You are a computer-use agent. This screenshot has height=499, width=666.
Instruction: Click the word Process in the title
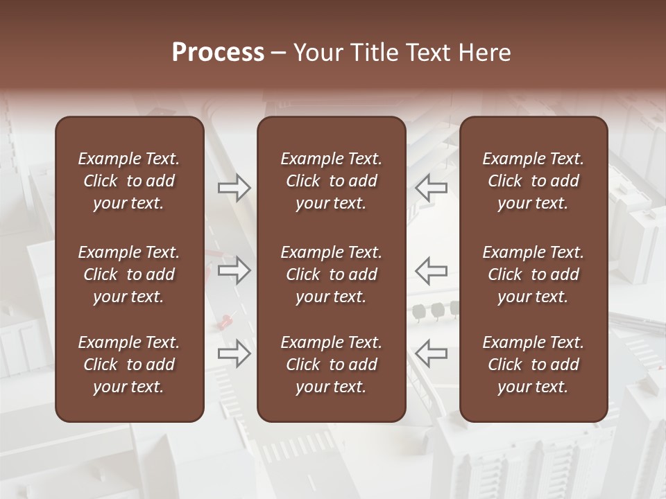[x=218, y=53]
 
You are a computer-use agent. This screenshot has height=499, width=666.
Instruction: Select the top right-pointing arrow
[x=234, y=187]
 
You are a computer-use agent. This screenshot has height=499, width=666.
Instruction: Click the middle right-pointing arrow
[x=234, y=270]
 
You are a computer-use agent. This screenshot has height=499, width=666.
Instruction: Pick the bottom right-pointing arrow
[x=234, y=353]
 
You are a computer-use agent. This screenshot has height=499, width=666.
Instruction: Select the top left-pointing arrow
[x=431, y=187]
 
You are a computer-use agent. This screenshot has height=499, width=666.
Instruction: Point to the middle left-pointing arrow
[x=431, y=270]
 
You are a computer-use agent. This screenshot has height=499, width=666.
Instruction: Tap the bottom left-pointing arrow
[x=431, y=353]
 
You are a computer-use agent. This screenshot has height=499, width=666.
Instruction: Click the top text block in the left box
[x=129, y=181]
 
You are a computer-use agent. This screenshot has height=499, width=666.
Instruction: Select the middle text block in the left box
[x=129, y=274]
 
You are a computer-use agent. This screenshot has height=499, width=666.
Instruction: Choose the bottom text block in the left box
[x=129, y=365]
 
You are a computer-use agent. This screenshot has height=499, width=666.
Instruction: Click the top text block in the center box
[x=331, y=181]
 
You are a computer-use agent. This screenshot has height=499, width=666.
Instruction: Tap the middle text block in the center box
[x=331, y=274]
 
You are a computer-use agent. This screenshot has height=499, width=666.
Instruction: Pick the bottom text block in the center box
[x=331, y=365]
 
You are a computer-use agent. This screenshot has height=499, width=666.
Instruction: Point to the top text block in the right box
[x=533, y=181]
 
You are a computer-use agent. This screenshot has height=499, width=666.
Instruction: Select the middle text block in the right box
[x=533, y=274]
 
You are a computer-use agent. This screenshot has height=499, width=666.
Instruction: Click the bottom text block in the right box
[x=533, y=365]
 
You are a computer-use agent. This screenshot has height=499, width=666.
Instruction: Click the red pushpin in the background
[x=225, y=320]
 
